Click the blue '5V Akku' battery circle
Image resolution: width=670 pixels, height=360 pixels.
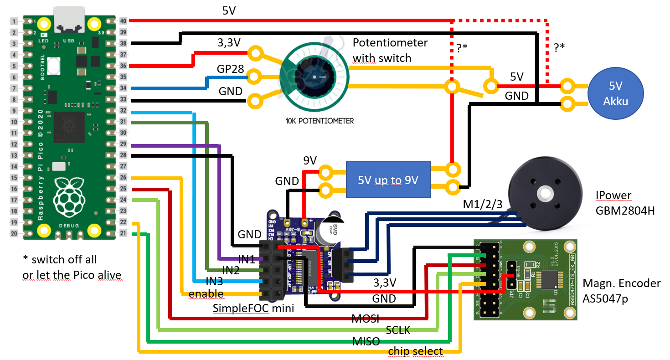coord(616,94)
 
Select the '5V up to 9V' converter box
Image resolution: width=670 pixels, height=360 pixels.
coord(388,180)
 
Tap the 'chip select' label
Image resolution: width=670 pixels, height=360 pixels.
coord(415,351)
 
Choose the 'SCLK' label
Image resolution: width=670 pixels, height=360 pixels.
coord(398,330)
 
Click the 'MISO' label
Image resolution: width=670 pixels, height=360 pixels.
coord(366,341)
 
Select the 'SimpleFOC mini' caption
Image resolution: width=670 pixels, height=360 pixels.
coord(253,309)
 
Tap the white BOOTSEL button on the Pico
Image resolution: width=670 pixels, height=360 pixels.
coord(54,66)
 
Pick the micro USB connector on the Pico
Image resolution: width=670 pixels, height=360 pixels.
coord(69,21)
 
